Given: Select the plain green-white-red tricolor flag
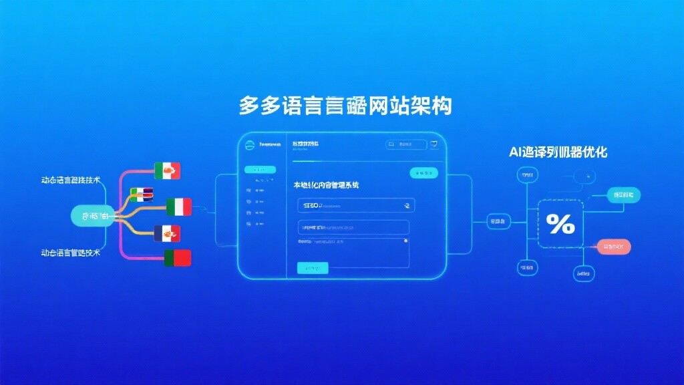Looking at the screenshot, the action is pos(178,207).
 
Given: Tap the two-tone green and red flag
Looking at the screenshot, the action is pos(178,258).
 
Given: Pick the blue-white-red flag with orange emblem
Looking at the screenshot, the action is pos(167,233).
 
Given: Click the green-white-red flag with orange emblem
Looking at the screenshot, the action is pos(167,171).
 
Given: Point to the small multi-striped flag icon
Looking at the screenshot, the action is pos(142,195).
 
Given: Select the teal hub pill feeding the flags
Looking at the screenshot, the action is pos(93,216).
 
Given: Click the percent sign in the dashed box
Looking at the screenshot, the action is pos(560,225).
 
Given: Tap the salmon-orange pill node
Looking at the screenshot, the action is pos(614,247).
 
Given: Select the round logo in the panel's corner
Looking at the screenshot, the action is pos(248,145).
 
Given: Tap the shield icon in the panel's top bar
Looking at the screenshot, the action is pos(434,144).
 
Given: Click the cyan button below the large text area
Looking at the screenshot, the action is pos(313,268).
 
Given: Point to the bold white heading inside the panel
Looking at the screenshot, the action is pos(326,184).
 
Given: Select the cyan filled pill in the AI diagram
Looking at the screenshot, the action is pos(623,195).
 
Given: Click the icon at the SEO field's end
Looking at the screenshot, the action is pos(405,205).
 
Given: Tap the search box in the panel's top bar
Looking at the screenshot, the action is pos(405,144).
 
